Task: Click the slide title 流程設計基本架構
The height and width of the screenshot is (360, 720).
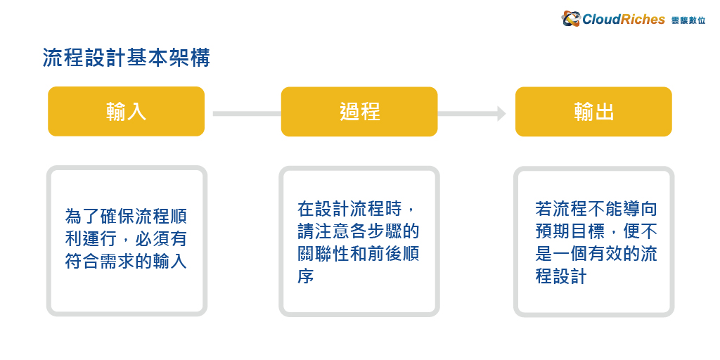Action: point(127,58)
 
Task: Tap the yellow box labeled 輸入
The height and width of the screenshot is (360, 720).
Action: point(127,112)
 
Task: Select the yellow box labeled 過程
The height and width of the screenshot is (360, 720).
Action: point(359,112)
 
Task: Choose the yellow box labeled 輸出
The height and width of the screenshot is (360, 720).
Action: point(593,112)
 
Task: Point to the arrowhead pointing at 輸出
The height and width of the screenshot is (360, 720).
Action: point(501,113)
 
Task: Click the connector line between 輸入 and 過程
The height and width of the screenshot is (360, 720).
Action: point(247,113)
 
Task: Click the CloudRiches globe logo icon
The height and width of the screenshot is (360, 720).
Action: point(571,19)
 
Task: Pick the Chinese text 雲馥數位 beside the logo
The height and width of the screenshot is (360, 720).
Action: point(688,20)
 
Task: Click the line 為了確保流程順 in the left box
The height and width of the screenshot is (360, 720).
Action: point(127,216)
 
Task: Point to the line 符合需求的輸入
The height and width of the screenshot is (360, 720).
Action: point(127,262)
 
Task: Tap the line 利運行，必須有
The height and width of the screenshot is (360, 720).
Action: point(127,239)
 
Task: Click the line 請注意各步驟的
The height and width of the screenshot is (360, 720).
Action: point(359,232)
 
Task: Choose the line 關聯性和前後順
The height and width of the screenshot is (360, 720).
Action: point(359,255)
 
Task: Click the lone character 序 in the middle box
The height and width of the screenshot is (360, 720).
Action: point(305,277)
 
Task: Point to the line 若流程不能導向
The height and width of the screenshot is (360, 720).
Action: point(596,209)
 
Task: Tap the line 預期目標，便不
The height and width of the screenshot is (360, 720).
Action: point(596,232)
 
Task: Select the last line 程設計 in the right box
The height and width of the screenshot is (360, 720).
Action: point(561,277)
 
